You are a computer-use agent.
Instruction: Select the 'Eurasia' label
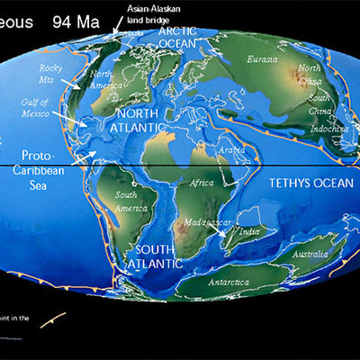[x=262, y=60]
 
